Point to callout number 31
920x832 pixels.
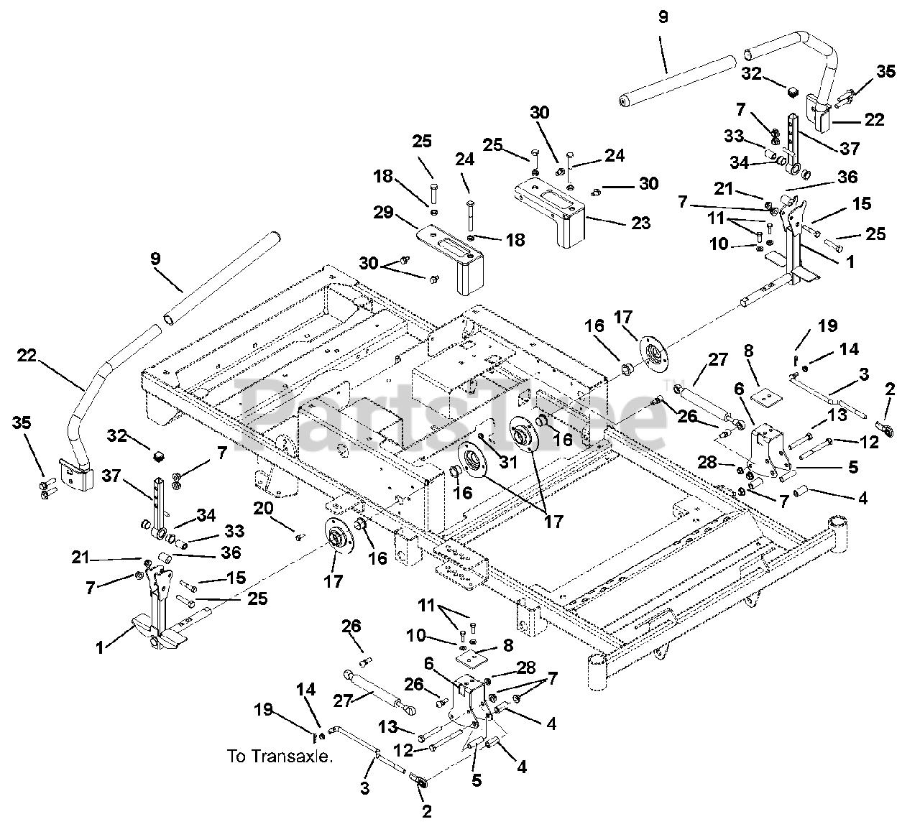coord(509,463)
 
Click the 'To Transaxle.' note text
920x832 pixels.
coord(280,756)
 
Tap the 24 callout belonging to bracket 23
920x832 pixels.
coord(615,155)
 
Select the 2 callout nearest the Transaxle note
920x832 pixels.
coord(427,812)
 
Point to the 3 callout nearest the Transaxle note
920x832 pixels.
coord(366,788)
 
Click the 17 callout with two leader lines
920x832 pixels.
coord(553,521)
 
